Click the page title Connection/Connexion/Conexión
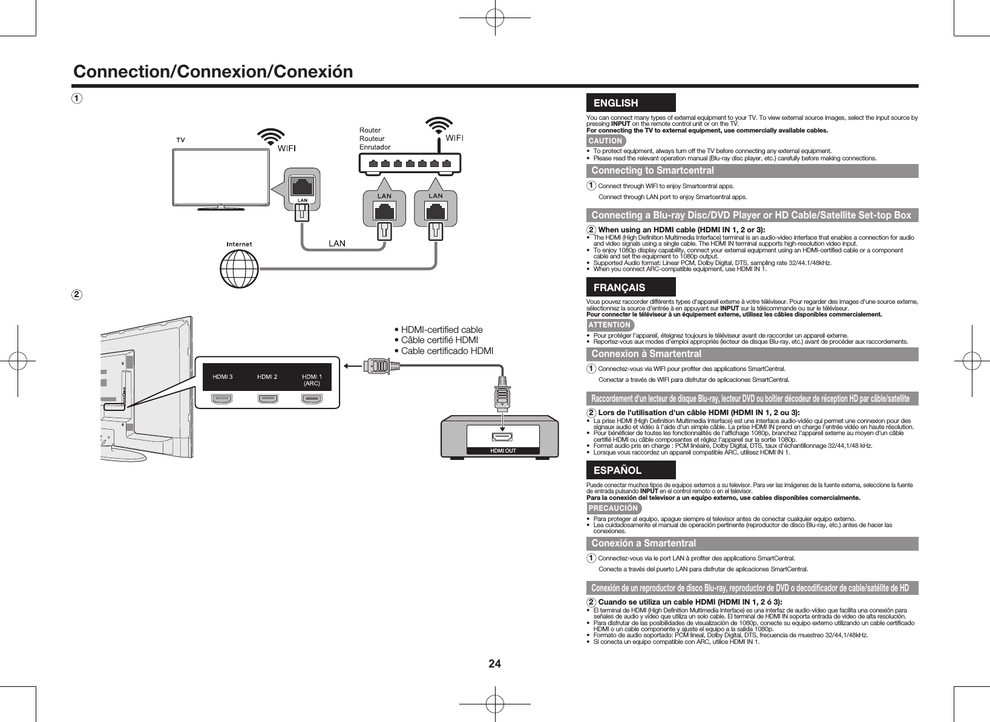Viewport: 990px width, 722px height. point(212,72)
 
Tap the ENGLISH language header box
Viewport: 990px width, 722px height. point(631,103)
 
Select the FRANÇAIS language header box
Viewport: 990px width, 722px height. point(631,287)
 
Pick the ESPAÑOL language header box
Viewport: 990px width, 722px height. point(631,470)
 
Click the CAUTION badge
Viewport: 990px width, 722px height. point(605,141)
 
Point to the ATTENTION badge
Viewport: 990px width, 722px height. point(609,325)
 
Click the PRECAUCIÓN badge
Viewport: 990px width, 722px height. point(613,508)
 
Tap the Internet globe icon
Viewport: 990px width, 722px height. point(238,270)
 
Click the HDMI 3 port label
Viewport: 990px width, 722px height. point(222,377)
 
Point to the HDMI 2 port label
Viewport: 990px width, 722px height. point(267,377)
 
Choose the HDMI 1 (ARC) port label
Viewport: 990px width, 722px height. point(312,379)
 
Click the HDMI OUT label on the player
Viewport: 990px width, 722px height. point(503,450)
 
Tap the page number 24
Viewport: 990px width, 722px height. point(495,663)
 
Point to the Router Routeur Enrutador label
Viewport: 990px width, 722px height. point(375,139)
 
